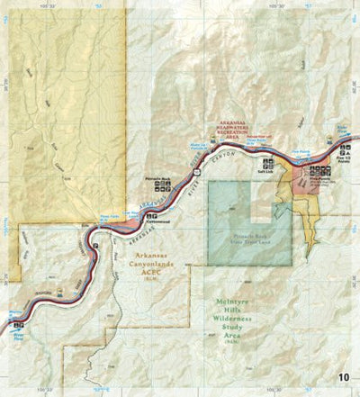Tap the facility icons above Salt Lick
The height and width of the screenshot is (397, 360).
tap(267, 163)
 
